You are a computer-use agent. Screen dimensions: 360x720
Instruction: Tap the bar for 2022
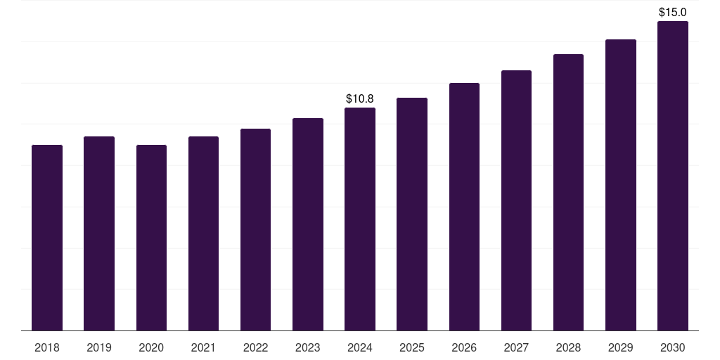pyautogui.click(x=255, y=230)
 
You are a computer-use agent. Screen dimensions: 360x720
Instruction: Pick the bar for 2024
pyautogui.click(x=360, y=219)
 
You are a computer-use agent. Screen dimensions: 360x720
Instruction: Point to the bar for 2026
pyautogui.click(x=464, y=207)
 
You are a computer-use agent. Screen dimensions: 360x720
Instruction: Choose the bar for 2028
pyautogui.click(x=568, y=193)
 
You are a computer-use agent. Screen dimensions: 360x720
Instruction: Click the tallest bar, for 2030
pyautogui.click(x=673, y=176)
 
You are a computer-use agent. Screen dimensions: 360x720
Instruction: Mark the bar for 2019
pyautogui.click(x=99, y=233)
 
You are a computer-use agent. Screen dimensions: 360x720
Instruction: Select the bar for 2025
pyautogui.click(x=412, y=214)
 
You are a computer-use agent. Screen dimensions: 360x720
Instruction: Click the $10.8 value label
pyautogui.click(x=360, y=99)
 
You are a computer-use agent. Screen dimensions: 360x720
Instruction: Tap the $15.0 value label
pyautogui.click(x=673, y=13)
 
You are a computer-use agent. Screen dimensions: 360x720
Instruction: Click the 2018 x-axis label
pyautogui.click(x=47, y=348)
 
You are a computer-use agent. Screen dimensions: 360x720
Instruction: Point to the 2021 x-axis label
pyautogui.click(x=203, y=348)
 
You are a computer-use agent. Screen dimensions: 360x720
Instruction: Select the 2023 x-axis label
pyautogui.click(x=308, y=348)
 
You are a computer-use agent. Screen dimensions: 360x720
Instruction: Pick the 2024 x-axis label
pyautogui.click(x=360, y=348)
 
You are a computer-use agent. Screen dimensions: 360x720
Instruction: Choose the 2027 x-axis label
pyautogui.click(x=516, y=348)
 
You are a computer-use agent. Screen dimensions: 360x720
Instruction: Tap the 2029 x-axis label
pyautogui.click(x=621, y=348)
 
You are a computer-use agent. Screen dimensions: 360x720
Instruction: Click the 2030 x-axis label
pyautogui.click(x=673, y=348)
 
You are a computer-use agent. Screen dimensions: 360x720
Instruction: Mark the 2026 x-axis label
pyautogui.click(x=464, y=348)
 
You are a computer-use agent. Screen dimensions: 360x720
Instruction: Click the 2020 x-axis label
pyautogui.click(x=151, y=348)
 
